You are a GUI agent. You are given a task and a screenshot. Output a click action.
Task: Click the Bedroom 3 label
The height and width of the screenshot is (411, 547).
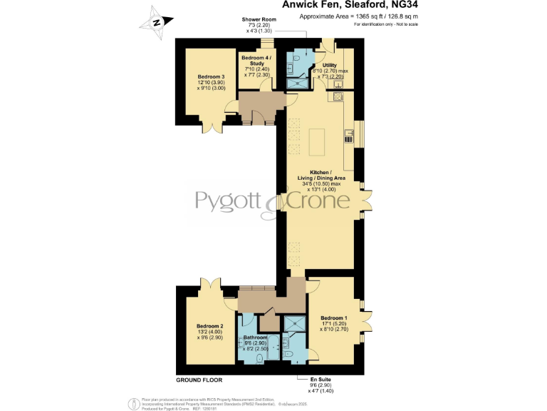click(212, 77)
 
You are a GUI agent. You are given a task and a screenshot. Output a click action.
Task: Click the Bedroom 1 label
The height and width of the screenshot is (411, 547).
click(334, 318)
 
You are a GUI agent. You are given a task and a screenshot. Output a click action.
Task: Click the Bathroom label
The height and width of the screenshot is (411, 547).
click(255, 337)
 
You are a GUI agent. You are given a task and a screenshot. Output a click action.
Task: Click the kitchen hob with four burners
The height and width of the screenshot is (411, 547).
click(349, 132)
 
